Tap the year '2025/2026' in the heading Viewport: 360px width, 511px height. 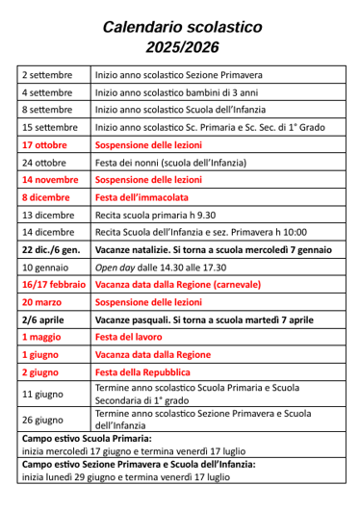point(181,46)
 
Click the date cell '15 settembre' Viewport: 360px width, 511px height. point(50,127)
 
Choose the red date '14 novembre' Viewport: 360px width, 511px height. point(50,179)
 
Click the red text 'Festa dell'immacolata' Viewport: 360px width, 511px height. point(139,196)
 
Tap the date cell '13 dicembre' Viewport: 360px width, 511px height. point(47,215)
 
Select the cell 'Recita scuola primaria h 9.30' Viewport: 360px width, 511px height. point(155,215)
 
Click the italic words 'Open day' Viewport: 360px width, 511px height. point(116,267)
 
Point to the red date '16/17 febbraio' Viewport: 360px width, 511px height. point(53,284)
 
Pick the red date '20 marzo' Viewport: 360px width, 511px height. point(42,301)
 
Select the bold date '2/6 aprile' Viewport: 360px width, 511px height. point(43,319)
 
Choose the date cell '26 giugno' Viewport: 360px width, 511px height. point(42,419)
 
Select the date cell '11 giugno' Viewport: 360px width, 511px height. point(42,394)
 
